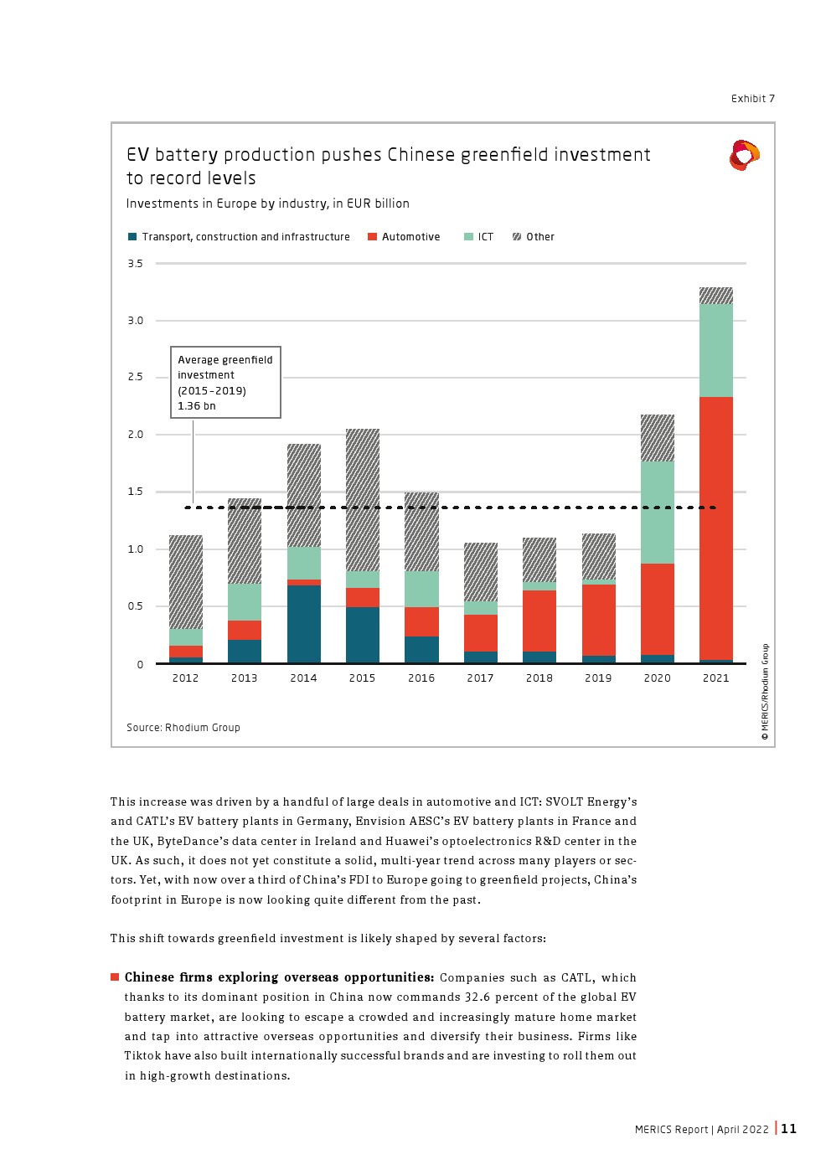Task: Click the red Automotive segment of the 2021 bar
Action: pyautogui.click(x=715, y=528)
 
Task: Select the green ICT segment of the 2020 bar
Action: pyautogui.click(x=657, y=512)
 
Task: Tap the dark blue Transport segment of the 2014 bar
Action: pyautogui.click(x=303, y=624)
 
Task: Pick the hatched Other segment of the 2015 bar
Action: pyautogui.click(x=362, y=500)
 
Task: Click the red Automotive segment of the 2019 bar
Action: pyautogui.click(x=598, y=620)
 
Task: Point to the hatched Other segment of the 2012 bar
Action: pyautogui.click(x=185, y=581)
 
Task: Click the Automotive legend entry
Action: pyautogui.click(x=404, y=237)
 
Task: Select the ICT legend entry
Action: pyautogui.click(x=479, y=237)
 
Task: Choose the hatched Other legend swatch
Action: pyautogui.click(x=517, y=237)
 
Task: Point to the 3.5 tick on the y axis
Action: pyautogui.click(x=135, y=264)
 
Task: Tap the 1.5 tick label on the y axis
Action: pyautogui.click(x=135, y=492)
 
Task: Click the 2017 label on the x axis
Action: pyautogui.click(x=480, y=678)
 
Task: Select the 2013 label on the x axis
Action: pyautogui.click(x=245, y=678)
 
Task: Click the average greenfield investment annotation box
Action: pyautogui.click(x=225, y=383)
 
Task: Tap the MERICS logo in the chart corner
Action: pyautogui.click(x=744, y=156)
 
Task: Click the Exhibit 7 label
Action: pyautogui.click(x=752, y=99)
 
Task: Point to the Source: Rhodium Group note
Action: pyautogui.click(x=183, y=728)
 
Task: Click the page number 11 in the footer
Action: pyautogui.click(x=789, y=1129)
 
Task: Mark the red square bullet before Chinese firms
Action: pyautogui.click(x=115, y=977)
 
